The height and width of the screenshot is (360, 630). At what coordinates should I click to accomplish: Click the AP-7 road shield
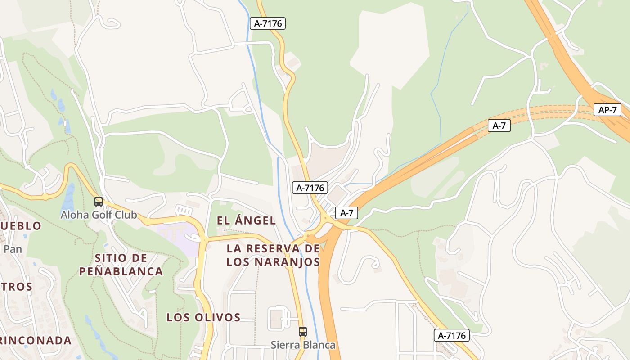[607, 110]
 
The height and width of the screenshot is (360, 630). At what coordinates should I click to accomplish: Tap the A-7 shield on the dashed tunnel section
[499, 126]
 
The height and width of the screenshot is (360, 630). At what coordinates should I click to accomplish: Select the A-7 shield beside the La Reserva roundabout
[346, 213]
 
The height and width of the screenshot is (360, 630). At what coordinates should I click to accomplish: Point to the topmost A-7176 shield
[268, 23]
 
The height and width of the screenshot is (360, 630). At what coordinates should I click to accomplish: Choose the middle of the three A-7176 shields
[310, 188]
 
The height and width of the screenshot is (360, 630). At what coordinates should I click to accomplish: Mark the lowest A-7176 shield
[452, 335]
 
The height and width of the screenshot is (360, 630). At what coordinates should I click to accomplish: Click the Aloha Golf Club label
[99, 215]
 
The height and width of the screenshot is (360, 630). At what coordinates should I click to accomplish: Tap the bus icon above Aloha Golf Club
[98, 202]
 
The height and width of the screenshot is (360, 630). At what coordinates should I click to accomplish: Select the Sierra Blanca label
[303, 345]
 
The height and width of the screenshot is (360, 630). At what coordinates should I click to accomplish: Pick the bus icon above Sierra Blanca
[303, 332]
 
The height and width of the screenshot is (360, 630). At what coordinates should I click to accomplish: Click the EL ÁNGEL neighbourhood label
[246, 220]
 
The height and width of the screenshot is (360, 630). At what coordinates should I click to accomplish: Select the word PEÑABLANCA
[121, 271]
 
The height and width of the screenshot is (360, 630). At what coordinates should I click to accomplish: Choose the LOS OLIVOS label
[203, 317]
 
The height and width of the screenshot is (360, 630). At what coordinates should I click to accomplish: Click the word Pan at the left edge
[13, 249]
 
